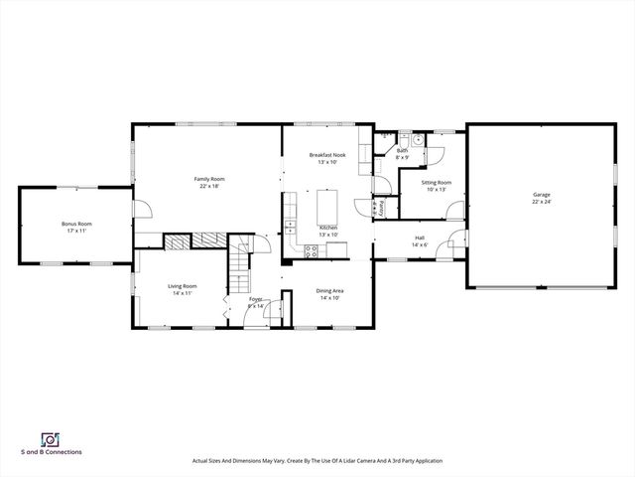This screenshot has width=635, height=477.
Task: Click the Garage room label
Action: [541, 195]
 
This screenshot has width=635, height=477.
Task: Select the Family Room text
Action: [208, 179]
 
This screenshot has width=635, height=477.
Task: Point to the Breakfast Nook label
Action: [327, 155]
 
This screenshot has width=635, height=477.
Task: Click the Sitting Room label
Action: [437, 183]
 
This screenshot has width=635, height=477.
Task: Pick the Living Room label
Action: [182, 286]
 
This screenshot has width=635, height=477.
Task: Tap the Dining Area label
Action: [329, 290]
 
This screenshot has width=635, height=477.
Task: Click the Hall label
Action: [420, 238]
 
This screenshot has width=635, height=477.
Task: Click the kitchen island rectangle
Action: [328, 206]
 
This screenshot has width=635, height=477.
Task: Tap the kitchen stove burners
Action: [311, 250]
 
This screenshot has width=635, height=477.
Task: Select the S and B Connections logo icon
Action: [49, 438]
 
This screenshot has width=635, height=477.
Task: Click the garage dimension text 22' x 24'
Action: [541, 202]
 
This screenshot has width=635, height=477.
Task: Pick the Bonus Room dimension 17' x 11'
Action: [76, 231]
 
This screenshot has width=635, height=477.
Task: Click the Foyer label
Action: [256, 299]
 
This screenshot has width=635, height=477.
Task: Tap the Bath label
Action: [403, 152]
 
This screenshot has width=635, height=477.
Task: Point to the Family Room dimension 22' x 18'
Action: [208, 186]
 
